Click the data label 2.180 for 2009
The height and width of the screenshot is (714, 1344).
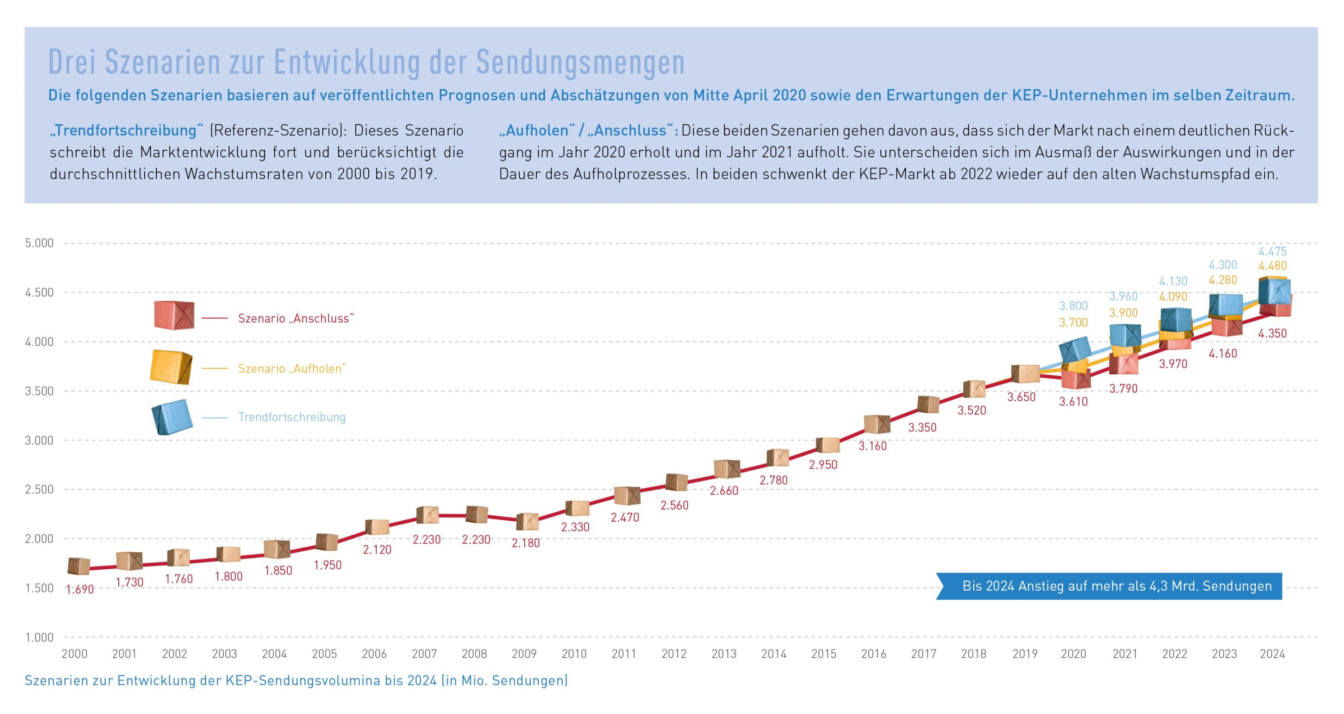[x=526, y=543]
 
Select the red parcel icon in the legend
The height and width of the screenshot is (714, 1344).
[x=174, y=315]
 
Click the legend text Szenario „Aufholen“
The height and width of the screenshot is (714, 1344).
[x=292, y=368]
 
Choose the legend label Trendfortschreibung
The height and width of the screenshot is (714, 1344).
[x=292, y=417]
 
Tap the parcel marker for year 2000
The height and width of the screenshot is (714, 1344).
[x=79, y=566]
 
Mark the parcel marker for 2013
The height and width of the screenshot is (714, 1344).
[x=727, y=469]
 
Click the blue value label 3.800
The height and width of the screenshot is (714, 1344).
[x=1073, y=306]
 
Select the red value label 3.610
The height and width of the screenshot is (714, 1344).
[x=1073, y=401]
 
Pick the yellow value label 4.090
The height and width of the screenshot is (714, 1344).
[x=1173, y=296]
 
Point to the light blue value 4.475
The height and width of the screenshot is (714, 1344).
[x=1272, y=251]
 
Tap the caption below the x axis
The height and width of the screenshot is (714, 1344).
[x=296, y=680]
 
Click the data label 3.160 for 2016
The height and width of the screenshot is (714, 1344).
[x=872, y=446]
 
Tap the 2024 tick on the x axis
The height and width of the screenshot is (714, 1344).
[x=1272, y=653]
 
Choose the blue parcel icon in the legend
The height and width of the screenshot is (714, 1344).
[x=172, y=417]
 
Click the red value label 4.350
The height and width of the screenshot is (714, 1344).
[x=1272, y=333]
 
